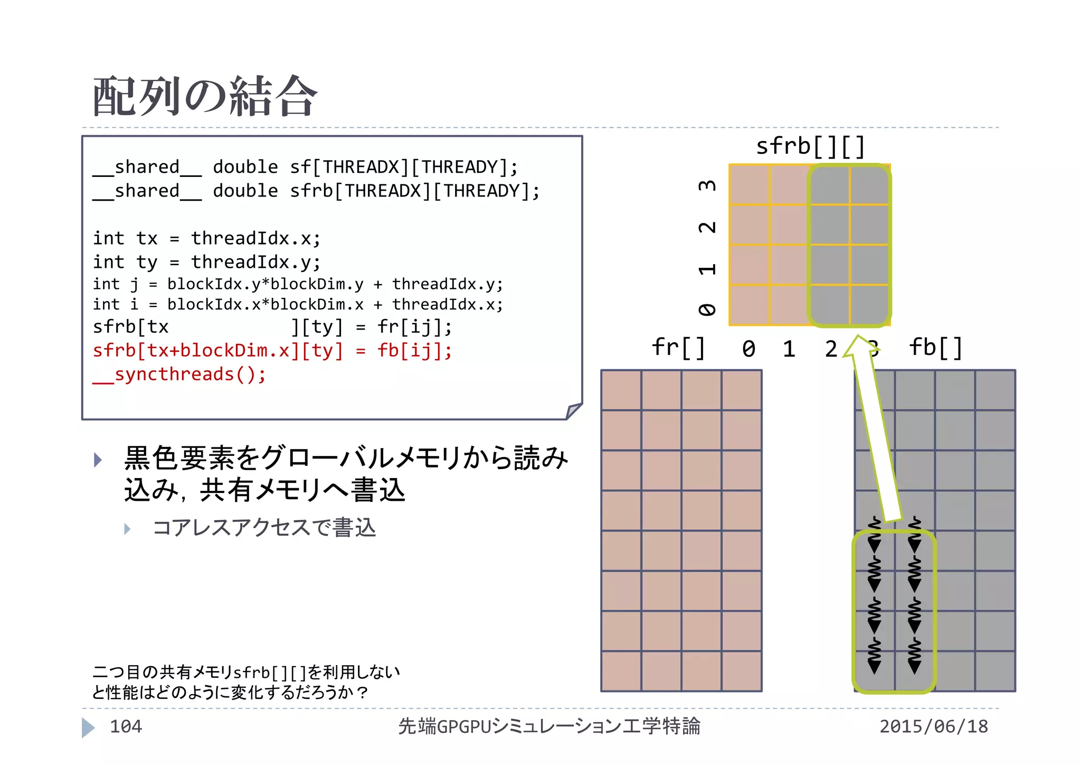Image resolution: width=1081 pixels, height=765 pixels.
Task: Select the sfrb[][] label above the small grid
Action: click(810, 146)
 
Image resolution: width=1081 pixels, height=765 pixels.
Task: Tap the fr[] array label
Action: click(678, 348)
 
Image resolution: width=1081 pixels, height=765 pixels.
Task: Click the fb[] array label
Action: click(936, 348)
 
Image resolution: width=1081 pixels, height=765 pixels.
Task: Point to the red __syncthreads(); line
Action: click(179, 375)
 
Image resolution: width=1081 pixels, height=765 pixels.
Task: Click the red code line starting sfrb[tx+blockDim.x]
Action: click(272, 351)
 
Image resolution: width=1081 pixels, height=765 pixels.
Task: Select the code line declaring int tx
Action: click(206, 239)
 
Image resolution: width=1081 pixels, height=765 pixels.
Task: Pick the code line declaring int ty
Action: click(206, 262)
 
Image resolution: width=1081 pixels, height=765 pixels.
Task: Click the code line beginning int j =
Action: click(298, 284)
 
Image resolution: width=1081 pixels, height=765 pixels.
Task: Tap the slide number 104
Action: click(126, 726)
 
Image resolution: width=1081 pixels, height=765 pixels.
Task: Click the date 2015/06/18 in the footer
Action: click(933, 726)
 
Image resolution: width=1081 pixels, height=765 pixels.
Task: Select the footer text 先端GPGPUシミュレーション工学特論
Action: click(549, 726)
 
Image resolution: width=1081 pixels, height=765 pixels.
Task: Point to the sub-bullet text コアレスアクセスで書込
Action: click(264, 528)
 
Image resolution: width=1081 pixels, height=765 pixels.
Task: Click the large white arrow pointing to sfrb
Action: click(876, 433)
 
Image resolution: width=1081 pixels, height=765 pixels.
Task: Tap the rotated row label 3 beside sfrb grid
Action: click(707, 185)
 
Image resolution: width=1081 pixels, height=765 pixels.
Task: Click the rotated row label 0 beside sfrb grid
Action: click(707, 310)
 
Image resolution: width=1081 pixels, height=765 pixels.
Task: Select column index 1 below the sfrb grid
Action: click(789, 349)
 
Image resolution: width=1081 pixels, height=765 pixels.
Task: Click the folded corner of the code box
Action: click(573, 411)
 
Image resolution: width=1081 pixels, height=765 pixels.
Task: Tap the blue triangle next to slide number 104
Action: click(88, 727)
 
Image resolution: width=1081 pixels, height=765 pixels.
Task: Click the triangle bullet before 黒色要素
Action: click(98, 460)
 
